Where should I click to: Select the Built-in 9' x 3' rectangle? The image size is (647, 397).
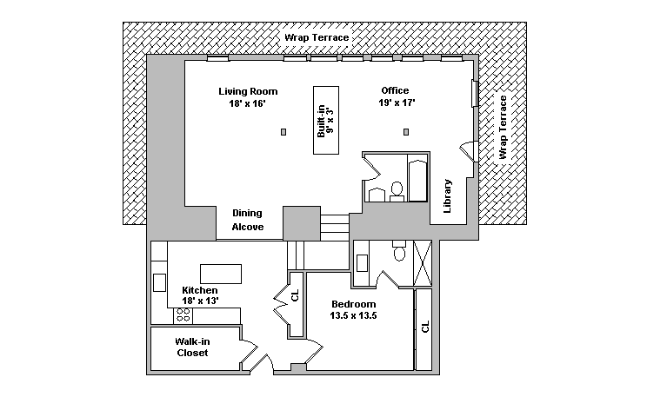[326, 120]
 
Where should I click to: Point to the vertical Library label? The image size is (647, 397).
[448, 196]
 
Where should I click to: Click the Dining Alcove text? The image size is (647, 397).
[247, 220]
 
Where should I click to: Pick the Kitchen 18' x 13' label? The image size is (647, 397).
[199, 295]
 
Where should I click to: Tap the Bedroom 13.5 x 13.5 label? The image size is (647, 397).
[353, 309]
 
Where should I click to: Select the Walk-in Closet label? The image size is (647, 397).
[192, 347]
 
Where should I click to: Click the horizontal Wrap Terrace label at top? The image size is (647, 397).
[316, 38]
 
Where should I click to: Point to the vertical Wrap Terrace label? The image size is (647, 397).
[503, 128]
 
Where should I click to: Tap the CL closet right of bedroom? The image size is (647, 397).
[424, 328]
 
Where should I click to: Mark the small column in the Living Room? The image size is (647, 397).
[283, 132]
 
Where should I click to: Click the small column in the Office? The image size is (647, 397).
[405, 132]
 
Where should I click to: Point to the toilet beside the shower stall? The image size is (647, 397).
[400, 253]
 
